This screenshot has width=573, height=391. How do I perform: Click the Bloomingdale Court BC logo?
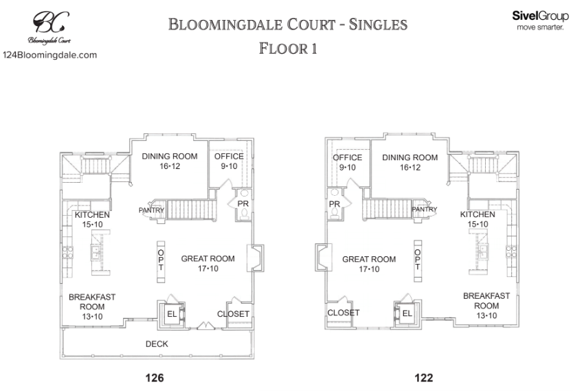[49, 26]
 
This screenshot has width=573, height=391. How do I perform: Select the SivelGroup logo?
[541, 19]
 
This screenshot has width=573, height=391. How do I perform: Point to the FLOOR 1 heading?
[287, 49]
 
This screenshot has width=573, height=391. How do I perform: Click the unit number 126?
[155, 377]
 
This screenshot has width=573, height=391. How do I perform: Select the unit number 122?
[424, 377]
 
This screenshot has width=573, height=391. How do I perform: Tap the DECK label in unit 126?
[156, 344]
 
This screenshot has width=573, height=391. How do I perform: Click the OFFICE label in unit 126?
[225, 157]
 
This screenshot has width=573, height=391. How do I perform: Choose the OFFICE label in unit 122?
[347, 157]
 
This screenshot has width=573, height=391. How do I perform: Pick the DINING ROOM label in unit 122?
[409, 157]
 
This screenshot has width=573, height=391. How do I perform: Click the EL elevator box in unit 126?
[172, 315]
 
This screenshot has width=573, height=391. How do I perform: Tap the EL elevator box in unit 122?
[406, 314]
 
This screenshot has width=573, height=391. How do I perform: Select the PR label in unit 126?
[243, 204]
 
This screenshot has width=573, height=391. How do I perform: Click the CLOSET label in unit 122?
[343, 313]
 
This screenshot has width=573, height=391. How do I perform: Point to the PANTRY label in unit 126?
[149, 210]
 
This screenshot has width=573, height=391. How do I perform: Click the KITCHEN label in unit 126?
[92, 215]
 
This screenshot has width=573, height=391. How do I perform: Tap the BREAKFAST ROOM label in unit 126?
[92, 306]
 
